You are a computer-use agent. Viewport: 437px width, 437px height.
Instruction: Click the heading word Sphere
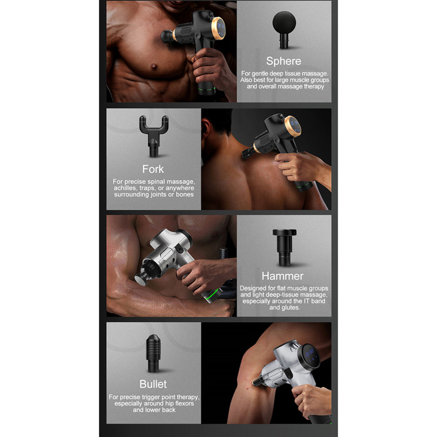(x=283, y=61)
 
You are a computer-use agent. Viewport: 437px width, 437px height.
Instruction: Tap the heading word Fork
(x=153, y=169)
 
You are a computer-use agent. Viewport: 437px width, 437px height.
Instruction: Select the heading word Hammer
(x=282, y=276)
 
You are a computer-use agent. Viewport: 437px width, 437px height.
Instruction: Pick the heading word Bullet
(x=153, y=384)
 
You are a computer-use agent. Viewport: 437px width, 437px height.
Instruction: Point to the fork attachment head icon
(x=154, y=132)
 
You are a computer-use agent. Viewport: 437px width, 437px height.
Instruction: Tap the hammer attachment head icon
(x=284, y=244)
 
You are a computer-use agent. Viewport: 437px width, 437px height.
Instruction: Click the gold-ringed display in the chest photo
(x=218, y=28)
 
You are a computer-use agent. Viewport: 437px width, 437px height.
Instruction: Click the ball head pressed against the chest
(x=166, y=36)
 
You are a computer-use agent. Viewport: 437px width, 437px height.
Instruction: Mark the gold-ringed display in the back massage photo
(x=293, y=126)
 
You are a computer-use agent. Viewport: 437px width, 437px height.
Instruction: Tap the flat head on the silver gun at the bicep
(x=141, y=278)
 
